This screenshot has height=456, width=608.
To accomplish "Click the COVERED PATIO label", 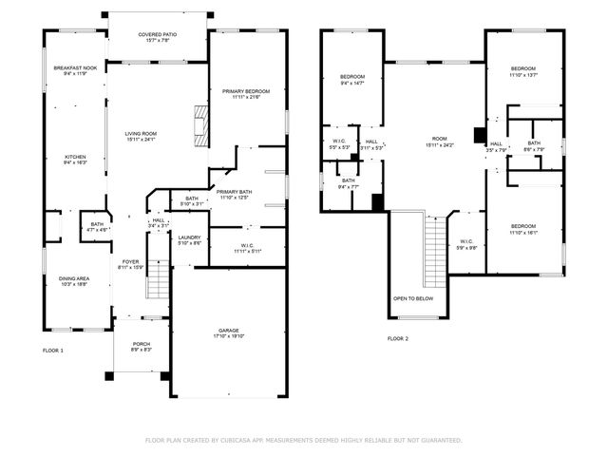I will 157,34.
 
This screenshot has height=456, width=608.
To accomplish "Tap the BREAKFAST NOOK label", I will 75,67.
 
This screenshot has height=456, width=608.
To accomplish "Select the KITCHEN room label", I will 75,157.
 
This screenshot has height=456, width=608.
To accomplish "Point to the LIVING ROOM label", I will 141,134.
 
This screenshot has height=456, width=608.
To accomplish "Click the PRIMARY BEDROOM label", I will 246,91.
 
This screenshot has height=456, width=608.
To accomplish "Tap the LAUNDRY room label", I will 189,237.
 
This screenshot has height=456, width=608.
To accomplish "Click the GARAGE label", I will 228,330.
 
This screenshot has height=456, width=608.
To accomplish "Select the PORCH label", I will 141,344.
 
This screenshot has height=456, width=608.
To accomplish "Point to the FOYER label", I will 130,261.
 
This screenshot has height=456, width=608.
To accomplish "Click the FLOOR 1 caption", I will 53,351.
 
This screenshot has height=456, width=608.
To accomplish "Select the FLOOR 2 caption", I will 397,338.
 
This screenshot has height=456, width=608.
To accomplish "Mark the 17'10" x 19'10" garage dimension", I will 228,335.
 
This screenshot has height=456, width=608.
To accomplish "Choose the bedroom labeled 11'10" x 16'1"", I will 522,227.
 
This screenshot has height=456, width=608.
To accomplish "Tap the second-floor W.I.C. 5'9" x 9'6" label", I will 466,246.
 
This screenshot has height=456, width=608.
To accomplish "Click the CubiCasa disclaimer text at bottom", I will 304,440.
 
